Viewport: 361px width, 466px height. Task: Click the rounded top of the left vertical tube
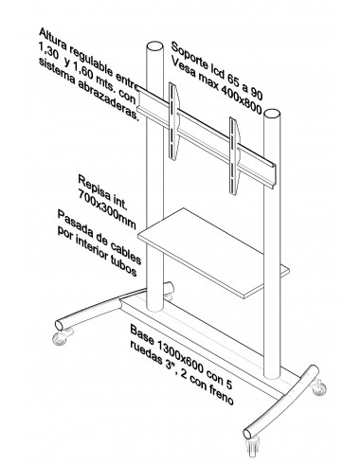[x=153, y=45]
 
